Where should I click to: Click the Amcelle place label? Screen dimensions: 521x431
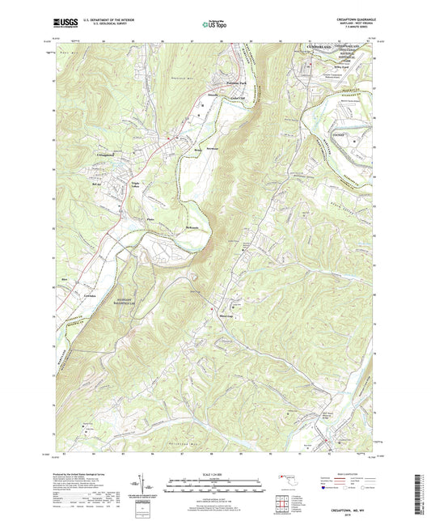(x=212, y=94)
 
